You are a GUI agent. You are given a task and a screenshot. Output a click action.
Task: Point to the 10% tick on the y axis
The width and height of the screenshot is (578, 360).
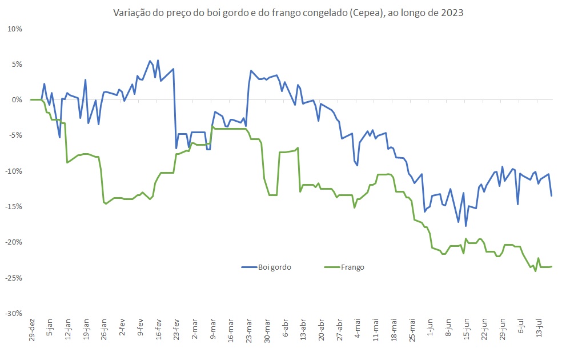(14, 29)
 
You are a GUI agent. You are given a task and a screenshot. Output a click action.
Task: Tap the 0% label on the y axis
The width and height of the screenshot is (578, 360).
(16, 100)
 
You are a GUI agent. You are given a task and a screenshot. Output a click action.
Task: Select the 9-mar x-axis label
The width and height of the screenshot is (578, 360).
(213, 329)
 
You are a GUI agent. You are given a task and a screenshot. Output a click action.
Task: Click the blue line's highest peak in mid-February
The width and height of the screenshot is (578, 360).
(150, 61)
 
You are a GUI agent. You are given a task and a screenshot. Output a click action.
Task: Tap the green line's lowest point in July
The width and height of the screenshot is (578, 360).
(535, 271)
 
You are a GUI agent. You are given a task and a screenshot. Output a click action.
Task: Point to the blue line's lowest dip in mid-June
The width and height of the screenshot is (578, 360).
(466, 226)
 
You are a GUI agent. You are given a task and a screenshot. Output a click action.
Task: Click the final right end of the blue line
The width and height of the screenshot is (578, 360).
(551, 196)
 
